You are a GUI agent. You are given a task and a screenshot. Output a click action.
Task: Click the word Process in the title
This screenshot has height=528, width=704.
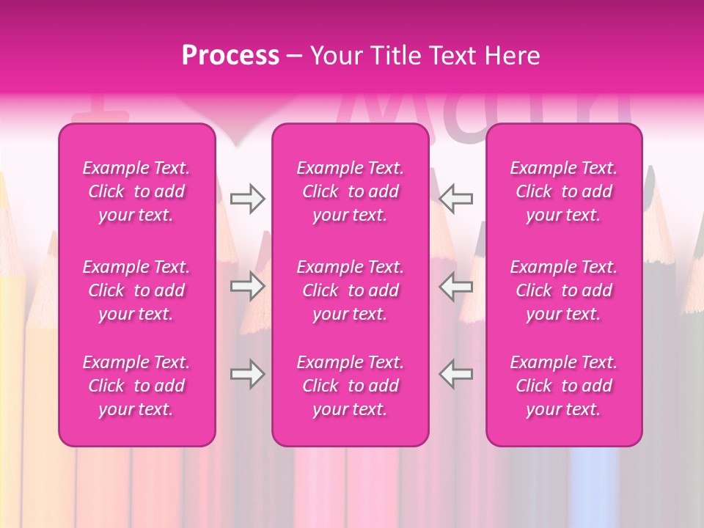pyautogui.click(x=230, y=56)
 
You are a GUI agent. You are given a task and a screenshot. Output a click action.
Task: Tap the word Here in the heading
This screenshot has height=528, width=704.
pyautogui.click(x=511, y=56)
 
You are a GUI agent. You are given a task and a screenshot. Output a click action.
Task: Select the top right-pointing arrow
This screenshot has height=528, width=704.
pyautogui.click(x=248, y=199)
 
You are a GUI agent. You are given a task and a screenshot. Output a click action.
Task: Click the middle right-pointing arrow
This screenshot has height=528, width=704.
pyautogui.click(x=248, y=286)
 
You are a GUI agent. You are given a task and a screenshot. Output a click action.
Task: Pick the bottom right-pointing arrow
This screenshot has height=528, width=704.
pyautogui.click(x=248, y=374)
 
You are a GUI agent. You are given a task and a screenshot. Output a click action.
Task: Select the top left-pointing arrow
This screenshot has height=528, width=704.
pyautogui.click(x=456, y=199)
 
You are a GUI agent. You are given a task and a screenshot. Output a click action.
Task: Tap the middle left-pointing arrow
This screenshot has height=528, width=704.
pyautogui.click(x=456, y=286)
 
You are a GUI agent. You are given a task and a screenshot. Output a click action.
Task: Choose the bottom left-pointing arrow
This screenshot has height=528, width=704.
pyautogui.click(x=456, y=374)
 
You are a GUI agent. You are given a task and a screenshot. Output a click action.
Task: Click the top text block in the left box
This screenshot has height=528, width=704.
pyautogui.click(x=136, y=191)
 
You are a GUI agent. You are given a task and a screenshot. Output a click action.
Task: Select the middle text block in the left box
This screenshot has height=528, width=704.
pyautogui.click(x=136, y=290)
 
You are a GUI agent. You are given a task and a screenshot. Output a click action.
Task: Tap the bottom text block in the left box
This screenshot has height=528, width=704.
pyautogui.click(x=136, y=386)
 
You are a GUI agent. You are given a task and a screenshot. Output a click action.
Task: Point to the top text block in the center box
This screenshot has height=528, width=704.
pyautogui.click(x=351, y=191)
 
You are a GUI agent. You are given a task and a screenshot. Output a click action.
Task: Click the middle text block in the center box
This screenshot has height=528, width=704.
pyautogui.click(x=351, y=290)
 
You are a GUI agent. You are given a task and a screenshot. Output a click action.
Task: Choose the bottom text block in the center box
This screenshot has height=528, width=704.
pyautogui.click(x=351, y=386)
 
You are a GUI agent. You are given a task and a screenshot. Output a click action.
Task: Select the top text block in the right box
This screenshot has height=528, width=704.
pyautogui.click(x=564, y=191)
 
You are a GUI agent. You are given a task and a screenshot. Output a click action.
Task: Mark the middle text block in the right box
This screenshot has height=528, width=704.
pyautogui.click(x=564, y=290)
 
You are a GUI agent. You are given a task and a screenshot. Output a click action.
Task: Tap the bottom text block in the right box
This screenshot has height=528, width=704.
pyautogui.click(x=564, y=386)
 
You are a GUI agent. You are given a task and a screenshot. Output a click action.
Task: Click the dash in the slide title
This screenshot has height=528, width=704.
pyautogui.click(x=294, y=56)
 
